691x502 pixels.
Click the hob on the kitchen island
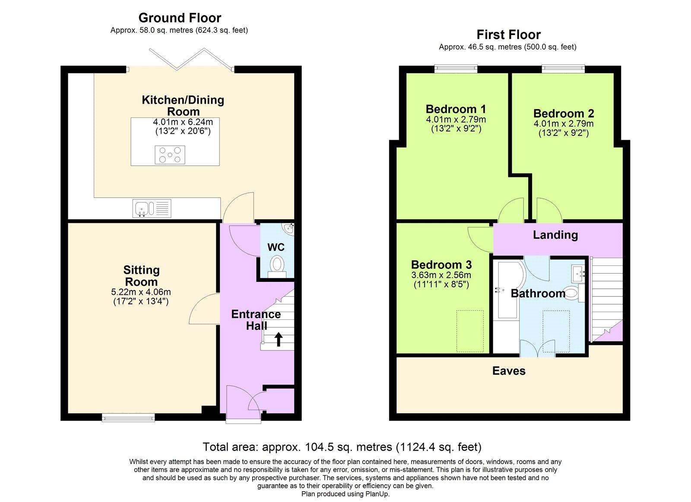point(170,155)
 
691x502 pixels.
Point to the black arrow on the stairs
point(279,339)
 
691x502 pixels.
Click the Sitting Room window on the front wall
point(128,417)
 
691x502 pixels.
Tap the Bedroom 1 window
point(456,68)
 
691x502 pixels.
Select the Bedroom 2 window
point(563,68)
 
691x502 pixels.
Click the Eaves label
point(509,371)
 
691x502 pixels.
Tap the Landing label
point(555,235)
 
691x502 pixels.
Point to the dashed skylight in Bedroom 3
point(470,331)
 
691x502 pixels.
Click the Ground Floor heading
point(180,18)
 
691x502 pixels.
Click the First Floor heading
point(508,35)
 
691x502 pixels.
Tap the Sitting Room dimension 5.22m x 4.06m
point(141,292)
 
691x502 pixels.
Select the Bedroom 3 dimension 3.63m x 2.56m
point(441,275)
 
